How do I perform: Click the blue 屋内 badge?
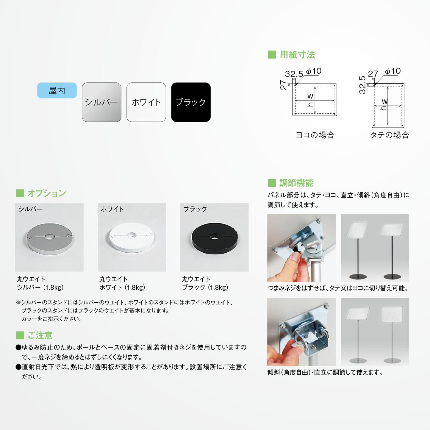pos(57,90)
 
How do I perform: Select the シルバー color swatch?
pos(101,102)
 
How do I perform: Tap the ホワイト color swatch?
pos(146,102)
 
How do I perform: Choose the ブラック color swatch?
pos(191,102)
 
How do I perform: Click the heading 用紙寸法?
pos(298,55)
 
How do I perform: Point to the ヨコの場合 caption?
pos(315,135)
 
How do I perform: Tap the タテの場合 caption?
pos(390,135)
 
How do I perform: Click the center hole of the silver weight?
pos(49,237)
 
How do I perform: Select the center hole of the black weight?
pos(215,236)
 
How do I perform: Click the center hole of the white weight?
pos(132,235)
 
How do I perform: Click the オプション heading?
pos(47,193)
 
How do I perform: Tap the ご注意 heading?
pos(40,335)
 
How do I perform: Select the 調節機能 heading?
pos(296,183)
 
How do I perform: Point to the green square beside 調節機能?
pos(272,183)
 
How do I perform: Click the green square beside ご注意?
pos(20,335)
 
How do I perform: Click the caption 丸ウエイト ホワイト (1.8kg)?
pos(122,283)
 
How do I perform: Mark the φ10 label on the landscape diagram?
pos(314,71)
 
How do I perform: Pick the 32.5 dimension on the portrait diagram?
pos(362,85)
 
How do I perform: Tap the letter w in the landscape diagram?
pos(310,96)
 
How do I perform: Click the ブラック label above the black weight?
pos(195,209)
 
